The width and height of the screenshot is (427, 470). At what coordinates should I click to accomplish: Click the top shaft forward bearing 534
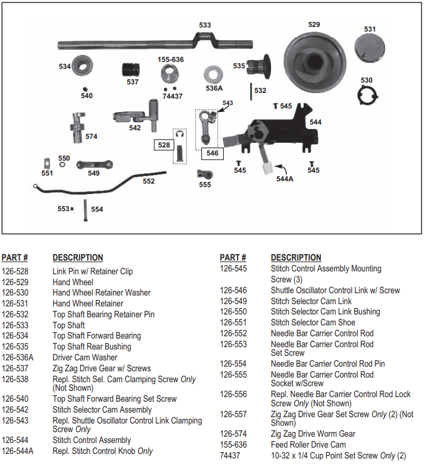coord(84,65)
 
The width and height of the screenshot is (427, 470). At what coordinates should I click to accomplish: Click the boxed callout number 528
coord(164,145)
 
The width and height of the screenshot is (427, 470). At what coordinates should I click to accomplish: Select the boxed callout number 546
coord(212,153)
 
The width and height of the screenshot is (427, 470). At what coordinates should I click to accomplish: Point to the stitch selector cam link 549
coord(93,167)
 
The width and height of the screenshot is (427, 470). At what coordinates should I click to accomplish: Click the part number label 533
coord(205,25)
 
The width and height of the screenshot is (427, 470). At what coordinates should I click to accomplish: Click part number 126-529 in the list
coord(15,282)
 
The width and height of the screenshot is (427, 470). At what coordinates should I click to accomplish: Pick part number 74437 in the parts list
coord(230,456)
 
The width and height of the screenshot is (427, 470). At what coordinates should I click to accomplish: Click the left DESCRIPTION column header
coord(77,258)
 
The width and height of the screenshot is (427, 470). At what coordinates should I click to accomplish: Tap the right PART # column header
coord(233,258)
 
